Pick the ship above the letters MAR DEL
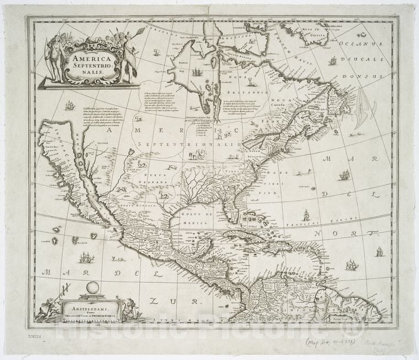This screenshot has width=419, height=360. [x=344, y=175]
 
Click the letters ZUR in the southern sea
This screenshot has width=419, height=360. [x=169, y=301]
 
